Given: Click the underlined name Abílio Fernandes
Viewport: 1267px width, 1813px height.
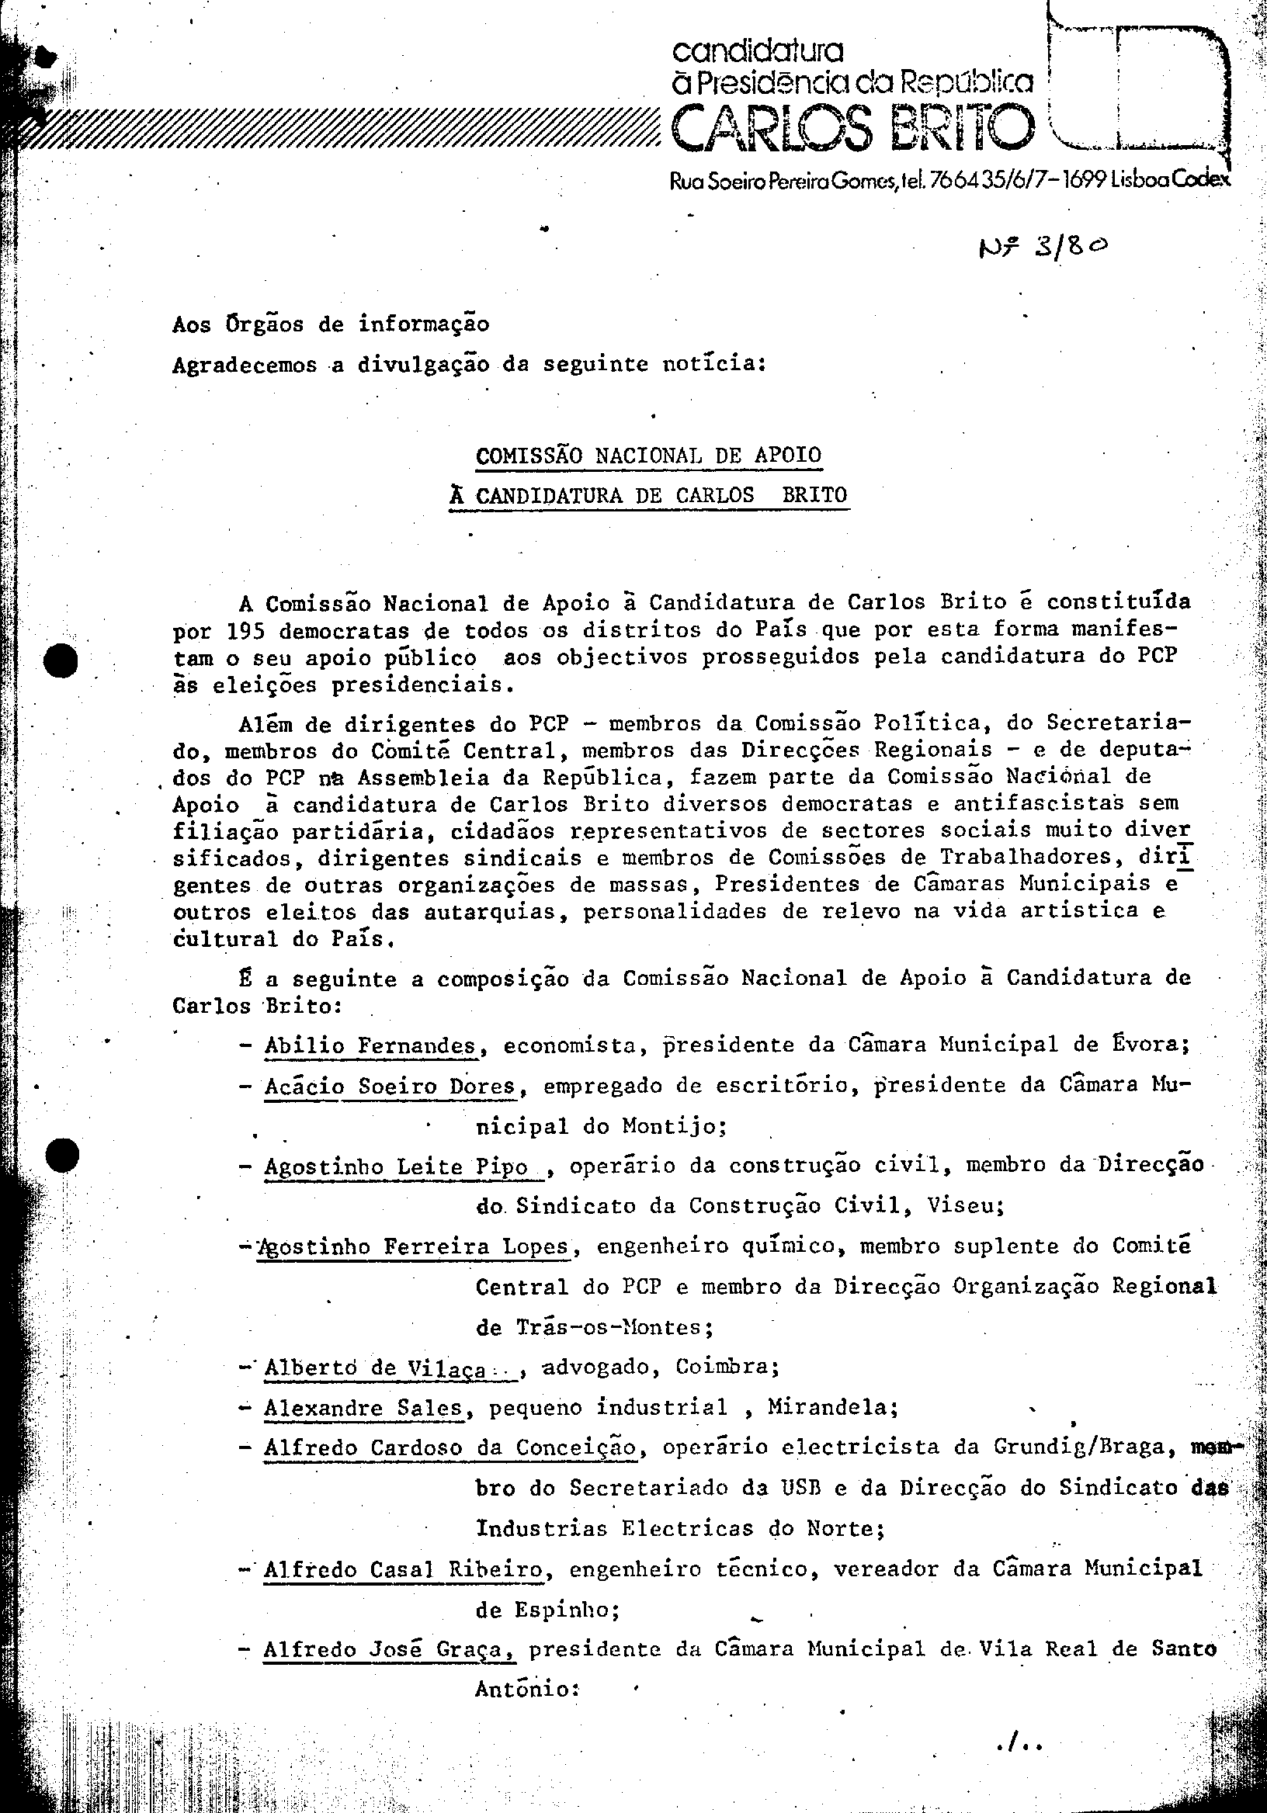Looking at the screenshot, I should coord(370,1046).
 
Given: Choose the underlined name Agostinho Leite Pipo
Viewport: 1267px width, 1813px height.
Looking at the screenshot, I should coord(397,1167).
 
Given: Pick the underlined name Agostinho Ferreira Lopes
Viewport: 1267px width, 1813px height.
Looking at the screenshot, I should coord(412,1247).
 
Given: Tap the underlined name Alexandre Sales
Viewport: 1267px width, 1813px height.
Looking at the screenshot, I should coord(363,1408).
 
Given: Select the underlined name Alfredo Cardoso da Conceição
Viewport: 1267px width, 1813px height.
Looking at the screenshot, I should coord(450,1447).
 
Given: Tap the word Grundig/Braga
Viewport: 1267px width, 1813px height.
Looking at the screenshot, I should coord(1092,1447).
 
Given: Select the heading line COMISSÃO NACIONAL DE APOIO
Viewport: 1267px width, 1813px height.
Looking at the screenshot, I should coord(648,456).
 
